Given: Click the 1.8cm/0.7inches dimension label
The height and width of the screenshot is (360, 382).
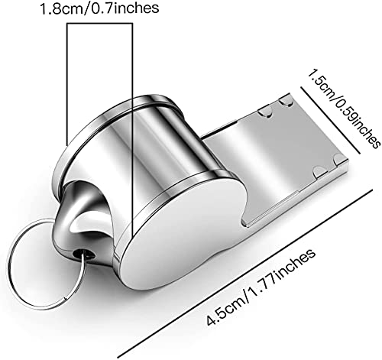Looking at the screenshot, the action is point(99,8).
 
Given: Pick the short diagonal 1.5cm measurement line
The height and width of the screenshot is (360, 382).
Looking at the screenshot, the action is point(330,120).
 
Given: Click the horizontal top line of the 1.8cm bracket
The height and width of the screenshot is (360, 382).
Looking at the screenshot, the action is point(99,24).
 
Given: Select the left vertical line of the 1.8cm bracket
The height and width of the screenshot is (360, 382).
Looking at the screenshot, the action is point(67,84).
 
